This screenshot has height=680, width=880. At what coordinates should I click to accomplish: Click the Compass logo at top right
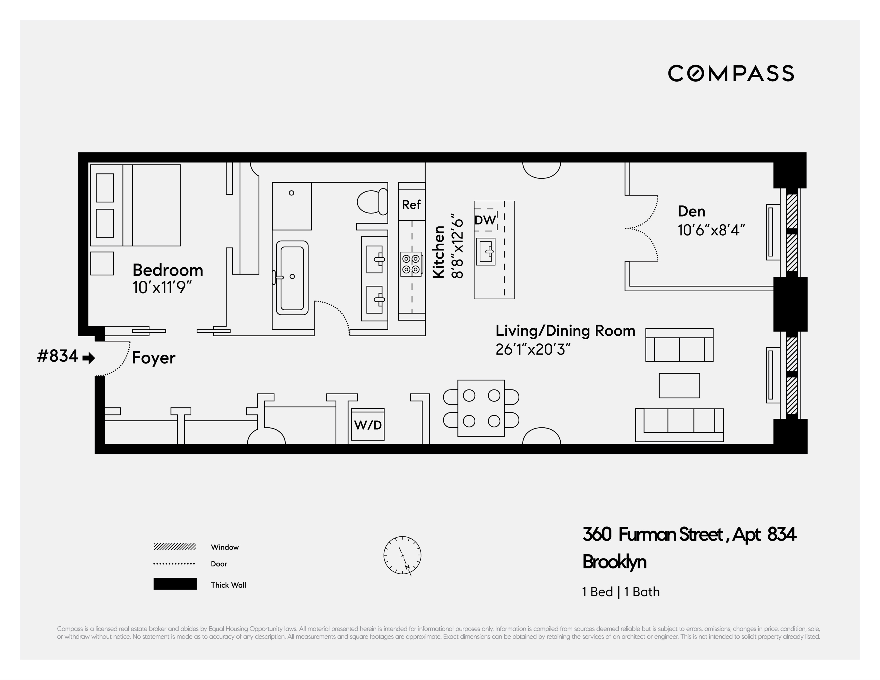(x=731, y=73)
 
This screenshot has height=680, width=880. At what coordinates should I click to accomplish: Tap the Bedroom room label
(x=168, y=270)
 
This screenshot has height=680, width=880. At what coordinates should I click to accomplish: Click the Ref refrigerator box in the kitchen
(x=411, y=205)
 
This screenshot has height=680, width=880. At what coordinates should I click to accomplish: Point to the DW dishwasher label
(x=485, y=220)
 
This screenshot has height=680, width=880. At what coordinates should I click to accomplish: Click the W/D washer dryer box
(x=367, y=425)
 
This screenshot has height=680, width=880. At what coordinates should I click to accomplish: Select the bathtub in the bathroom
(x=292, y=278)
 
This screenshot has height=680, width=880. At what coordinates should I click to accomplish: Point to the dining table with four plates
(x=481, y=408)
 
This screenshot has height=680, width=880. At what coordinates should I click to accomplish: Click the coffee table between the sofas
(x=679, y=386)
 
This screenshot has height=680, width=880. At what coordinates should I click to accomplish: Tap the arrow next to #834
(x=89, y=358)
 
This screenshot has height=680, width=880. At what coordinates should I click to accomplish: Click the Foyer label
(x=153, y=358)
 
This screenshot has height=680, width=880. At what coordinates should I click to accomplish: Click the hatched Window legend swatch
(x=175, y=547)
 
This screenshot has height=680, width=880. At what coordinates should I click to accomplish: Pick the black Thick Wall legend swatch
(x=175, y=584)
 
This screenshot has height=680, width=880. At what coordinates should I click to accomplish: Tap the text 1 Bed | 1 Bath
(x=621, y=592)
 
